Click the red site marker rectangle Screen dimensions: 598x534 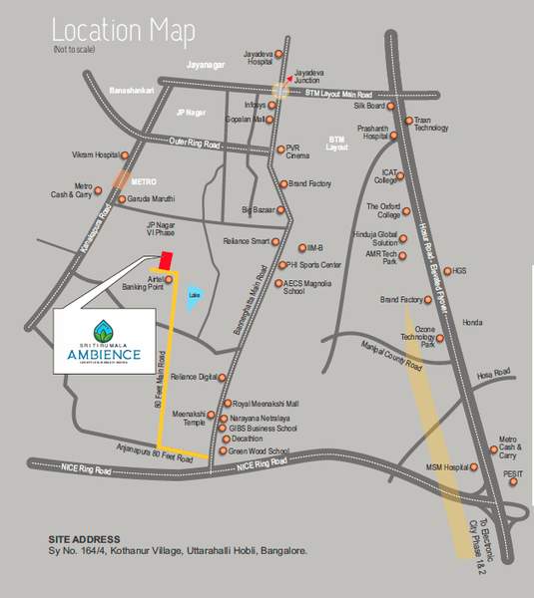click(169, 259)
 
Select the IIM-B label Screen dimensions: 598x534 click(318, 248)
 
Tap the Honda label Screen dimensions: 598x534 click(472, 322)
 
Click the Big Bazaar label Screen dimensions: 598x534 click(258, 209)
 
